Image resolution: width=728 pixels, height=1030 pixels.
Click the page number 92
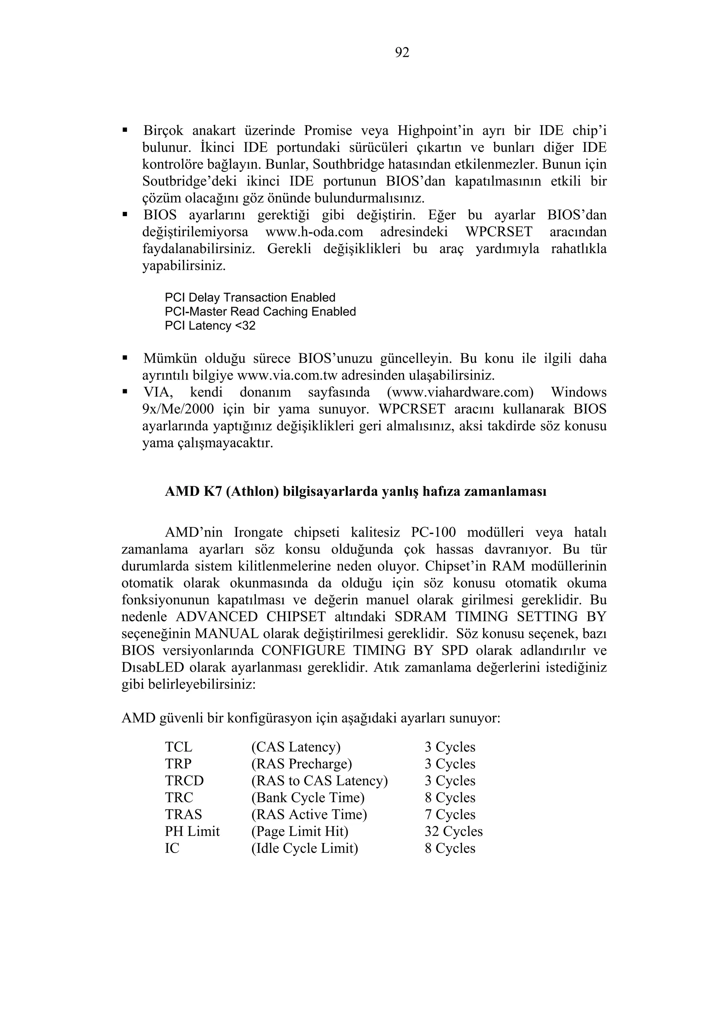click(x=402, y=53)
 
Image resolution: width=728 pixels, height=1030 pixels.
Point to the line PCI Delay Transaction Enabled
click(x=250, y=298)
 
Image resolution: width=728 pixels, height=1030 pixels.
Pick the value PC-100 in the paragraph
click(x=433, y=532)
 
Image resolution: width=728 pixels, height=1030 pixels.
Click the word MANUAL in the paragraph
click(x=227, y=634)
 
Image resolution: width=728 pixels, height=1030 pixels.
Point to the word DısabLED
click(x=153, y=667)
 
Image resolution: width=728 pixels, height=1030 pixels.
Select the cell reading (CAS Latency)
click(x=296, y=747)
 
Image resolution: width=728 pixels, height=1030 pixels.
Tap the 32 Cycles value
click(x=454, y=831)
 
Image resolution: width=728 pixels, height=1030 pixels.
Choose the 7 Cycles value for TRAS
click(x=450, y=814)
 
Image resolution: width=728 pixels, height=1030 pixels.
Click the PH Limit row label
click(x=192, y=831)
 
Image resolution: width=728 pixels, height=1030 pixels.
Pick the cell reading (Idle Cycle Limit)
click(x=305, y=848)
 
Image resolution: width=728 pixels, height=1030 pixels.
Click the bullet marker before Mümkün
click(x=125, y=358)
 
